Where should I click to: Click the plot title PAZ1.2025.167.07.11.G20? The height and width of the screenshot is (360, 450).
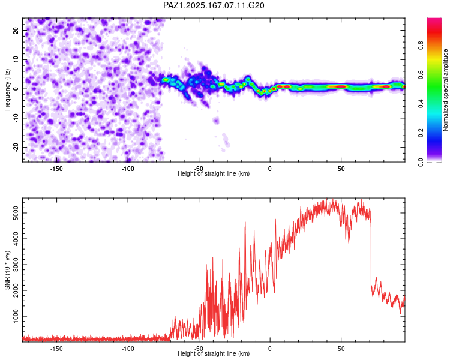pyautogui.click(x=214, y=5)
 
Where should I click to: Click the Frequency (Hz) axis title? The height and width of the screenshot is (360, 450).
pyautogui.click(x=7, y=90)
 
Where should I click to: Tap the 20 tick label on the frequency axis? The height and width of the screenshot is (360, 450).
pyautogui.click(x=16, y=30)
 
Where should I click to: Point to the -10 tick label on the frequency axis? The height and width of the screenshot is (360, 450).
pyautogui.click(x=16, y=118)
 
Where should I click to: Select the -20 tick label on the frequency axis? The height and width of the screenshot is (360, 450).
pyautogui.click(x=16, y=147)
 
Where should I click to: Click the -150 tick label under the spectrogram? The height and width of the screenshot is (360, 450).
pyautogui.click(x=56, y=169)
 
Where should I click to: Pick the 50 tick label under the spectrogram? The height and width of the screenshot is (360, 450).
pyautogui.click(x=341, y=169)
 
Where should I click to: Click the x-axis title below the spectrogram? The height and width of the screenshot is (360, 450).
pyautogui.click(x=214, y=173)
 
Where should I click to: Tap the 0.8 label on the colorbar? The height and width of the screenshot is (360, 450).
pyautogui.click(x=421, y=46)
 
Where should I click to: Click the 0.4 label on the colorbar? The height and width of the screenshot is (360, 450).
pyautogui.click(x=421, y=104)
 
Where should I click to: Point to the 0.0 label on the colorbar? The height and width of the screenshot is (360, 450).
pyautogui.click(x=421, y=162)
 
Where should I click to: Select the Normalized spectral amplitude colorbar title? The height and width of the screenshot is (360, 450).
pyautogui.click(x=445, y=90)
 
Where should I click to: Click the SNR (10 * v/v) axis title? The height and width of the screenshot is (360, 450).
pyautogui.click(x=7, y=270)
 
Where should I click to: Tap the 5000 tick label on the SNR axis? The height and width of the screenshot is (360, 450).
pyautogui.click(x=16, y=213)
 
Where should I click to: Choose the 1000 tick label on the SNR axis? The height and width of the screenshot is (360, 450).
pyautogui.click(x=16, y=316)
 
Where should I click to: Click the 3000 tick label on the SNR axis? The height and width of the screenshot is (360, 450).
pyautogui.click(x=16, y=265)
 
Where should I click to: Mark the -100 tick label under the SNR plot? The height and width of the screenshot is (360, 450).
pyautogui.click(x=127, y=349)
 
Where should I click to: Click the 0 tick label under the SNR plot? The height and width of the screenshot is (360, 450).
pyautogui.click(x=270, y=349)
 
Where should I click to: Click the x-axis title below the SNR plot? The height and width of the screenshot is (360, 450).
pyautogui.click(x=214, y=353)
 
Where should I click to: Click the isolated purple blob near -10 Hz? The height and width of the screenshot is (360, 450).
pyautogui.click(x=216, y=120)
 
